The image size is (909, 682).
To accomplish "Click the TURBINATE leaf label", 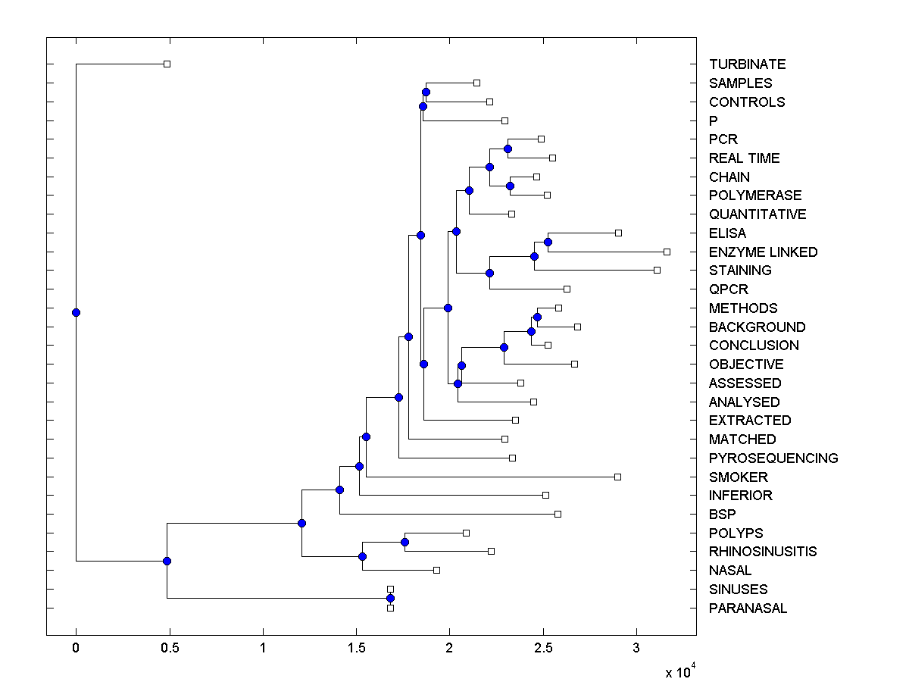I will (x=747, y=64).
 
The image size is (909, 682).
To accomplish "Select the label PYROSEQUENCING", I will (x=773, y=458).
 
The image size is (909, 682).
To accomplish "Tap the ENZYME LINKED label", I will (x=763, y=252).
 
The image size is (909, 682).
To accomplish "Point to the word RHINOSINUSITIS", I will (x=763, y=552).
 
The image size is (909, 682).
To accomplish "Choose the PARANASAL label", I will (x=748, y=608).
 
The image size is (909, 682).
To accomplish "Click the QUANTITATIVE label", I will (x=757, y=214).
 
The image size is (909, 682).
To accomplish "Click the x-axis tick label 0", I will (x=76, y=649).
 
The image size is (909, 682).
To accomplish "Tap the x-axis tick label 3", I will (x=636, y=649).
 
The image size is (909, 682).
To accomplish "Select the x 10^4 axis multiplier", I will (x=679, y=671).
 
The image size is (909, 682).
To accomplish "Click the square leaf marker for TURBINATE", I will (x=167, y=64).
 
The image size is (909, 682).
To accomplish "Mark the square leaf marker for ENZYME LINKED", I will (x=667, y=252).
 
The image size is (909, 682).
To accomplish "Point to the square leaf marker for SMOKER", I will (x=618, y=477).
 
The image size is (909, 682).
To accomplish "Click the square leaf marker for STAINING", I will (x=657, y=271).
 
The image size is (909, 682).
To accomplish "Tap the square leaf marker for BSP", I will (x=558, y=514).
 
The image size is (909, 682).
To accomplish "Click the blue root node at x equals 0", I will (x=76, y=312).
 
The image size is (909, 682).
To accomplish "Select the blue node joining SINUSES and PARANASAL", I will (x=390, y=599).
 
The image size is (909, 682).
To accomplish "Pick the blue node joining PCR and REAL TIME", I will (x=508, y=149).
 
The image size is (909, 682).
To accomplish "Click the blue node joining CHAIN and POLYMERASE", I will (x=510, y=186).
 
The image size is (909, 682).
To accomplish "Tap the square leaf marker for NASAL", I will (x=436, y=570).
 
